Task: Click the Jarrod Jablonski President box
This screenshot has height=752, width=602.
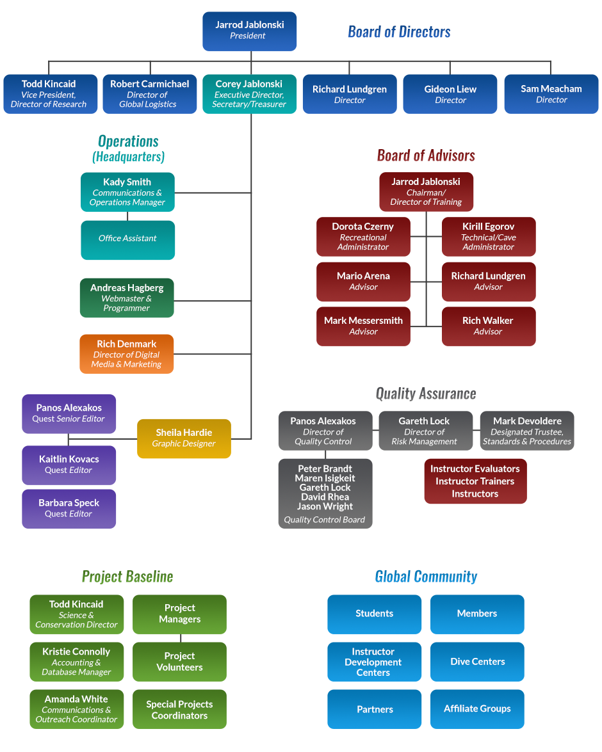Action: point(249,31)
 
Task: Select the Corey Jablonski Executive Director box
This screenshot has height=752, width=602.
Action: point(249,94)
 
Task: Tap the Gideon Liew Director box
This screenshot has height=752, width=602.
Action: point(450,94)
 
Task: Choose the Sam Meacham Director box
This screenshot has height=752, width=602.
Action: point(551,94)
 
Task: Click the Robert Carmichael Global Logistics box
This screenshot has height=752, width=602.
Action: point(149,94)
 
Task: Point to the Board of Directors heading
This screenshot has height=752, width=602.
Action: point(399,31)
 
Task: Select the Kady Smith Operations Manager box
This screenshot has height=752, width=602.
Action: point(127,192)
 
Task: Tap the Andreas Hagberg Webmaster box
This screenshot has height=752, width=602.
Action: point(127,298)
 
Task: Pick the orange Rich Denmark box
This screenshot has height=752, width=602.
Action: point(127,354)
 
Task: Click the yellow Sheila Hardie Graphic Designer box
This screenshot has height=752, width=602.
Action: point(184,438)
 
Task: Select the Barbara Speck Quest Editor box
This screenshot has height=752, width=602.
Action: point(69,509)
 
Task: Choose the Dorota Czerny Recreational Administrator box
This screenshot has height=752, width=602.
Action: point(363,237)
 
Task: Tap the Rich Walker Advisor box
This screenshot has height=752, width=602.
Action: point(488,326)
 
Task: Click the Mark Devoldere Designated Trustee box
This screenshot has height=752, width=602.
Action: point(527,431)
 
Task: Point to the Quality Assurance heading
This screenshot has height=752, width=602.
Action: point(426,393)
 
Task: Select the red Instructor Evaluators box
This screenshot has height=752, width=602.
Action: point(475,481)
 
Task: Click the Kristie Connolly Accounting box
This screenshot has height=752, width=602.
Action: point(77,662)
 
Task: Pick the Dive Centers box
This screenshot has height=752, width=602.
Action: point(477,662)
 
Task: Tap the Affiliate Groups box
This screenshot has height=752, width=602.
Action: point(477,709)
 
